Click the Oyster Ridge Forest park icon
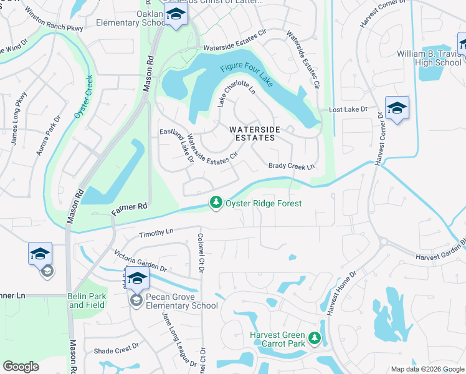point(216,203)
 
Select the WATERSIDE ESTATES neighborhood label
point(252,133)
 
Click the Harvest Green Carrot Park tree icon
point(315,338)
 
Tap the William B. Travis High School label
point(429,58)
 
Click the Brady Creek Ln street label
point(292,166)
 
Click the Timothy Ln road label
point(155,232)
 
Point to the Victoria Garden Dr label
point(140,261)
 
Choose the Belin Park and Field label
point(87,301)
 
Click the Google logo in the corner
point(21,366)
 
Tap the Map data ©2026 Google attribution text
point(427,369)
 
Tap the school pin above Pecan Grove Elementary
point(136,278)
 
